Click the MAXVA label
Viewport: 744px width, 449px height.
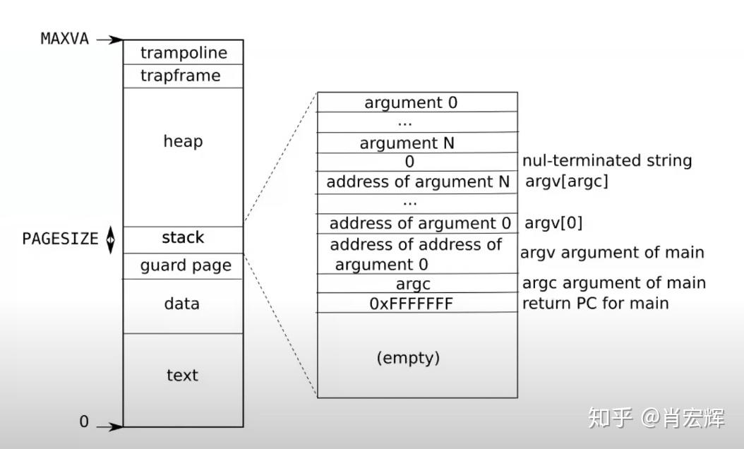click(x=65, y=39)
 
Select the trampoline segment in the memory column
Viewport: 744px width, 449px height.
click(x=184, y=53)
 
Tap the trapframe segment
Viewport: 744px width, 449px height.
click(x=180, y=76)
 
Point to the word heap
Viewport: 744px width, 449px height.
click(x=183, y=141)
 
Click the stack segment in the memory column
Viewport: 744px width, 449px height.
click(x=183, y=238)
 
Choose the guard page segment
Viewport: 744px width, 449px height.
click(x=186, y=266)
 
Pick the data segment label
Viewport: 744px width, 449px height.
click(x=181, y=304)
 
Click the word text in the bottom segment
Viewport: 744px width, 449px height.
click(x=182, y=375)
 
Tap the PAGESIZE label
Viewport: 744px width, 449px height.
click(x=60, y=239)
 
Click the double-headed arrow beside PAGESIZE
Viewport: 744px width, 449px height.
click(x=110, y=239)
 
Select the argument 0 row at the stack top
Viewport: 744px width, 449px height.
click(x=411, y=102)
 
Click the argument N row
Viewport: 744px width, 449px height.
click(x=407, y=143)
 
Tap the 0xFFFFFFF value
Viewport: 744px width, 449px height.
click(x=411, y=304)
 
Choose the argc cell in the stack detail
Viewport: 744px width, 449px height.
click(x=413, y=284)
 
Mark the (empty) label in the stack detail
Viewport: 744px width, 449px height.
click(x=408, y=358)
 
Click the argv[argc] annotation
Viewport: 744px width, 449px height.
click(x=566, y=181)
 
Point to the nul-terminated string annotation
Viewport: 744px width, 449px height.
click(x=606, y=161)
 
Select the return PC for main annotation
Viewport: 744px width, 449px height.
click(x=595, y=304)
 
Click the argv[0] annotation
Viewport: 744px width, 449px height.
click(x=553, y=223)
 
